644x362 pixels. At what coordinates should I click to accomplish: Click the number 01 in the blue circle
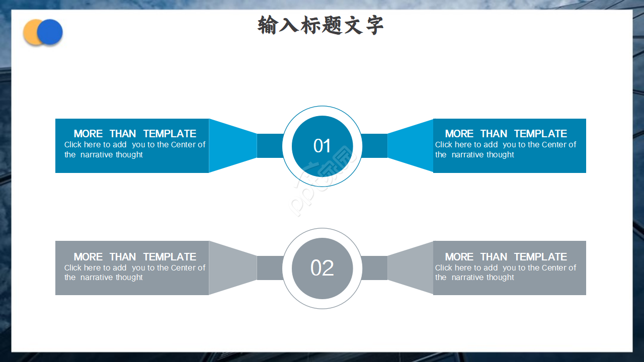322,146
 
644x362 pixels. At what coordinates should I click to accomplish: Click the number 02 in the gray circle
322,268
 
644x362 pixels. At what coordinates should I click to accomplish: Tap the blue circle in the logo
50,32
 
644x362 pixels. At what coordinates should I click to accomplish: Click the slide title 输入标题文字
320,25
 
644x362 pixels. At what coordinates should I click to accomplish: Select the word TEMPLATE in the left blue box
170,134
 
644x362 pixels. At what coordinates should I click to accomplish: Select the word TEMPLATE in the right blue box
540,134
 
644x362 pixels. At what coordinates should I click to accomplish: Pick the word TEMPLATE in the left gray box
170,257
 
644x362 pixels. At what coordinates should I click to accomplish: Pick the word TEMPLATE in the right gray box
540,257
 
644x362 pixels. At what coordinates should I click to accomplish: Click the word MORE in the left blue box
88,134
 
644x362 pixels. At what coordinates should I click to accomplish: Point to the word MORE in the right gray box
459,257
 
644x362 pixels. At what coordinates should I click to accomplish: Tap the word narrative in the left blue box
97,155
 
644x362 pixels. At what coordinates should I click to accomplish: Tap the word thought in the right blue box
500,155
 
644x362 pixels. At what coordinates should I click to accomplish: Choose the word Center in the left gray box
183,268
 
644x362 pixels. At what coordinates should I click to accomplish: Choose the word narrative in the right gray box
467,278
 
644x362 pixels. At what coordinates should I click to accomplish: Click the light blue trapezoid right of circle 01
411,146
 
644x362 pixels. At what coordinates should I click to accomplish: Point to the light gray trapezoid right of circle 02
411,268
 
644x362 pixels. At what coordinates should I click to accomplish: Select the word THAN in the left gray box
123,257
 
